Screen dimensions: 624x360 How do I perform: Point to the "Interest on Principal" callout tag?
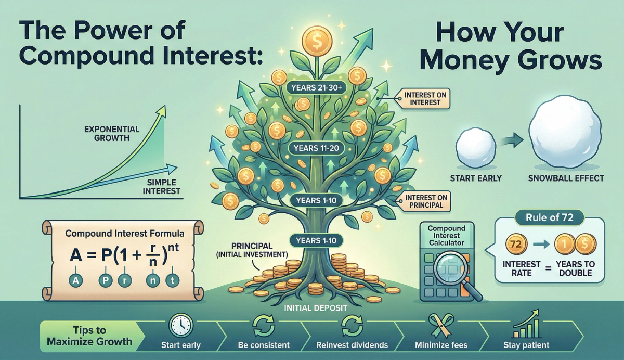pos(423,201)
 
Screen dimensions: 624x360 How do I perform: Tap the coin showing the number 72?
pos(516,243)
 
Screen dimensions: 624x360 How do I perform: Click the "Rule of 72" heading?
pos(550,217)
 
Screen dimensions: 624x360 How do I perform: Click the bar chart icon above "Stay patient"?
pos(525,325)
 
